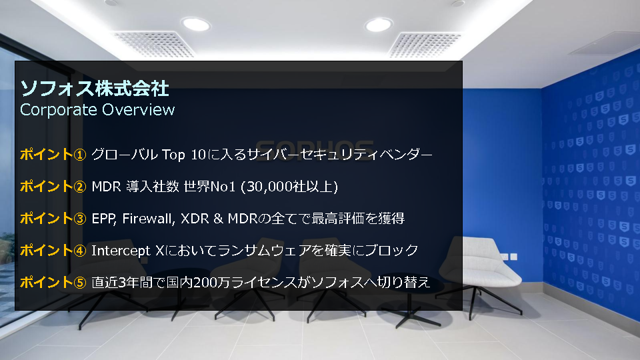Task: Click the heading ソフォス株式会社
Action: pos(94,89)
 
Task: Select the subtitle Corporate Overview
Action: pos(97,109)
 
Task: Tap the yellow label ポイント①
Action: pos(53,154)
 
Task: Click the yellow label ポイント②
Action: pos(53,186)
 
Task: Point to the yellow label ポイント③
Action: pos(53,219)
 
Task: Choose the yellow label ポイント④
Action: pos(53,250)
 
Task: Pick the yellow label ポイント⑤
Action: pos(53,282)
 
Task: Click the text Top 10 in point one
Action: pos(184,155)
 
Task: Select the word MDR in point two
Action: pos(106,187)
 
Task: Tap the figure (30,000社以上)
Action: pos(289,187)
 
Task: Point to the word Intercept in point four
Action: pos(121,250)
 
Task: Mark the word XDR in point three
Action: pos(195,219)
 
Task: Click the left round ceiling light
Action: pos(196,24)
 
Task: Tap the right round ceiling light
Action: pos(379,25)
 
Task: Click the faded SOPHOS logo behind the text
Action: pos(314,149)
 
